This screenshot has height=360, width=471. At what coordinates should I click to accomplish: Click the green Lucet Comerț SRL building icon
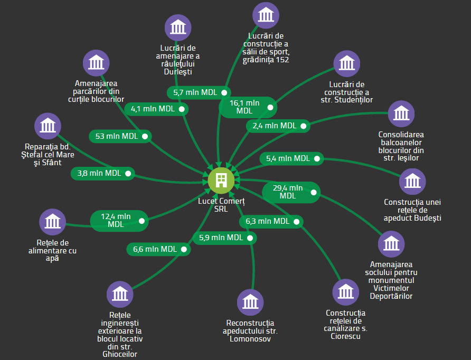pos(221,181)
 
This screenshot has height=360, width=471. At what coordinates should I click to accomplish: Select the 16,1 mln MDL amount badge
pos(248,107)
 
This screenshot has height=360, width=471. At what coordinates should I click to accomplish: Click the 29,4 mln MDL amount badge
pos(291,192)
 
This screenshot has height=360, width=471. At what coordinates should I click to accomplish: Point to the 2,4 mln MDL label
pos(278,126)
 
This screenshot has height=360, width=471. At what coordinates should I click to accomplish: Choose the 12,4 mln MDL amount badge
pos(119,221)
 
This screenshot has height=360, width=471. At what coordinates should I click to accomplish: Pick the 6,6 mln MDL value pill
pos(158,249)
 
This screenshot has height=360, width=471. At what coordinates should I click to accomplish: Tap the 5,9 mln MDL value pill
pos(225,238)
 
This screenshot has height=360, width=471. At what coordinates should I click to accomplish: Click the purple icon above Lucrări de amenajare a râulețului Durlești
pos(178,27)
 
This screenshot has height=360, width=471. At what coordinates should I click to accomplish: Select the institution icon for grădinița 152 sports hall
pos(266,15)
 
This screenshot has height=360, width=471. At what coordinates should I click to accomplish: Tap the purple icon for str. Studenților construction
pos(346,64)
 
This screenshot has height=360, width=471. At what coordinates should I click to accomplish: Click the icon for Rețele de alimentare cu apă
pos(53,222)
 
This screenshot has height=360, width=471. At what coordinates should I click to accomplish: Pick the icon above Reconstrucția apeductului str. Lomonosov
pos(250,302)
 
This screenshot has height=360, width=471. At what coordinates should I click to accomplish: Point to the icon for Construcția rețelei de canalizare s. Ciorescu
pos(345,292)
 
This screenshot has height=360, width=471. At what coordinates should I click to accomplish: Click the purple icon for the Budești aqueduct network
pos(412,182)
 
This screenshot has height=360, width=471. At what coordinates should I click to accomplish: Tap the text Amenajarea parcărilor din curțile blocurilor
pos(96,91)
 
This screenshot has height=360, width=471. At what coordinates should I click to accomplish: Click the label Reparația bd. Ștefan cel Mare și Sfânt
pos(48,155)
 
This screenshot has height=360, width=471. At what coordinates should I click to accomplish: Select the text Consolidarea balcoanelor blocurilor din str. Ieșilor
pos(401,146)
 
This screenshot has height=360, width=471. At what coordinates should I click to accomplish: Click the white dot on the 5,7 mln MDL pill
pos(224,92)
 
